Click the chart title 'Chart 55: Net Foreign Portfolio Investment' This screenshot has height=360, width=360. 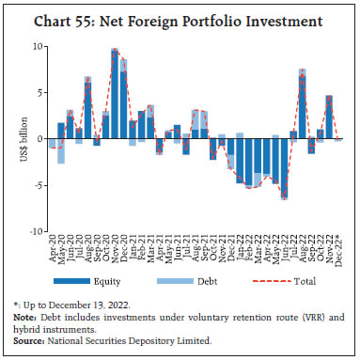(x=180, y=20)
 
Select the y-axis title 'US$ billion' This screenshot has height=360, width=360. (x=14, y=138)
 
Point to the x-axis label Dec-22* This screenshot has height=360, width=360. (x=339, y=252)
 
